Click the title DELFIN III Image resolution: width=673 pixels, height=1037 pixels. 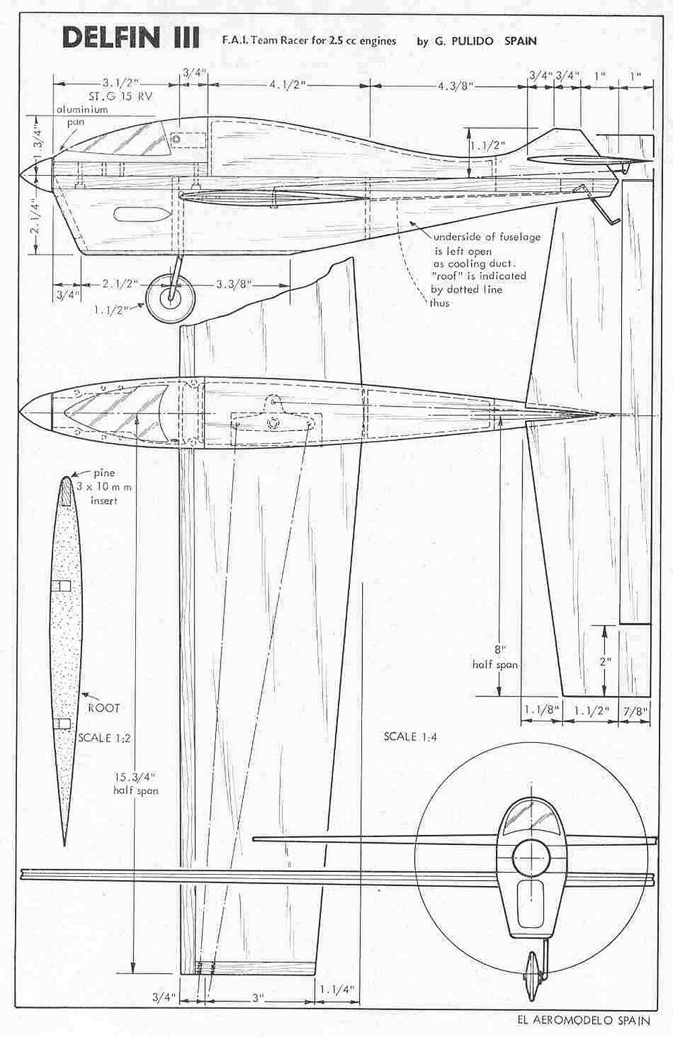point(131,38)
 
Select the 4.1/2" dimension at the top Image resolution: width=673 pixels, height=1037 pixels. point(287,86)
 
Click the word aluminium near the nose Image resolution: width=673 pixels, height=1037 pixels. point(82,110)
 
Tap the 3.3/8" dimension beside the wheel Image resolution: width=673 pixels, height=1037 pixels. point(232,284)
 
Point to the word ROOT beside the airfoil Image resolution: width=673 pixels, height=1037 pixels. point(104,707)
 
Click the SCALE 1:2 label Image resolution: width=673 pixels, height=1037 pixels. point(104,737)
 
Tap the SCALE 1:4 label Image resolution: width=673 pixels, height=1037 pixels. point(410,736)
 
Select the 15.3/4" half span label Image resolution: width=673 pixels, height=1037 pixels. point(135,783)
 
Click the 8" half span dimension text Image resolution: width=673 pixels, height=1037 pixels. point(495,657)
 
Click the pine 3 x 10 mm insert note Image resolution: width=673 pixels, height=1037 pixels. point(105,487)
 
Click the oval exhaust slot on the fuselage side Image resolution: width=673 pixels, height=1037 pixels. point(142,214)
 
